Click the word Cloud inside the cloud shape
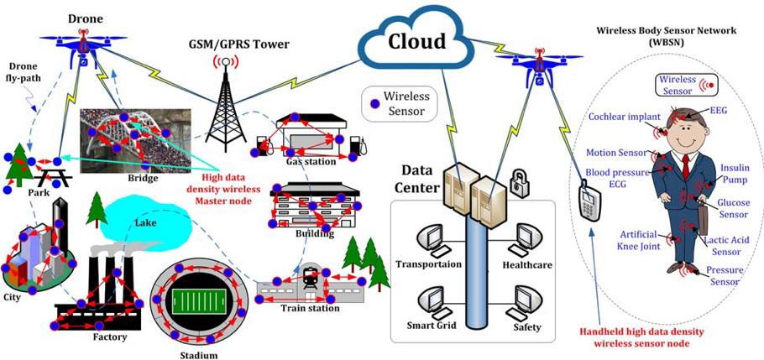414,40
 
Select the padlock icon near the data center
518,179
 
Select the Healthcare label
526,264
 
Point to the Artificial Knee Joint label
639,241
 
